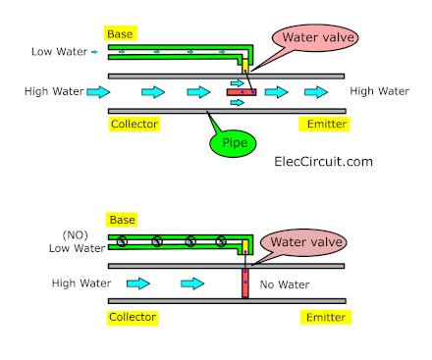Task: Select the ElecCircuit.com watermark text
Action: tap(322, 158)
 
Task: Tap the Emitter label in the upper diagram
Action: tap(321, 125)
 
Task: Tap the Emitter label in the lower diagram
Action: tap(321, 318)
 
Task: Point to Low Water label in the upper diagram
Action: tap(57, 49)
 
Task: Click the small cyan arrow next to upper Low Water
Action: tap(94, 49)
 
